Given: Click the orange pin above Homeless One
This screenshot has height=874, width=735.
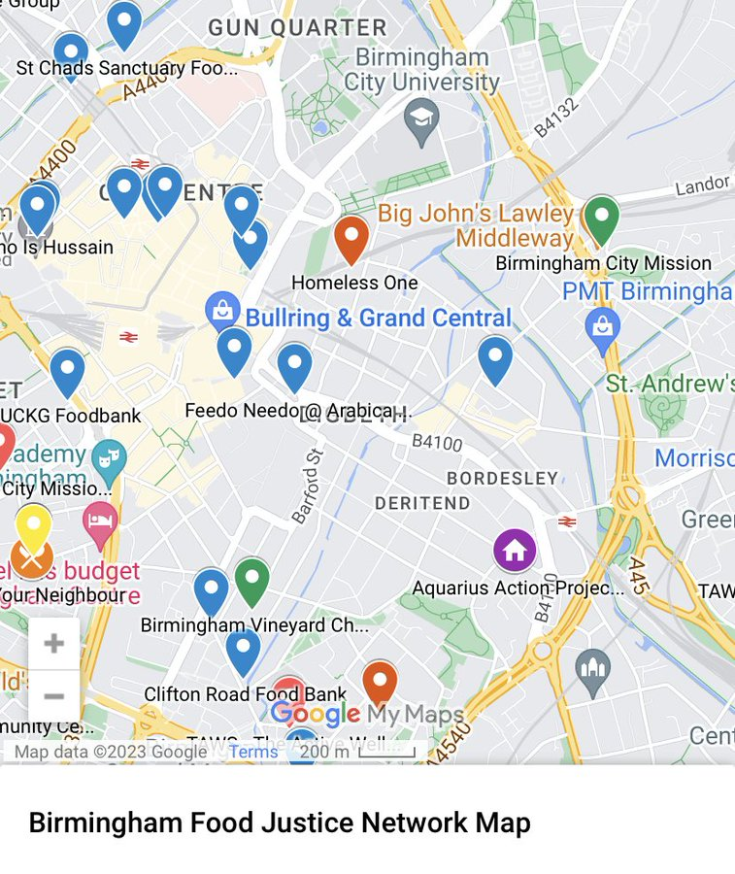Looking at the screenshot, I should point(351,237).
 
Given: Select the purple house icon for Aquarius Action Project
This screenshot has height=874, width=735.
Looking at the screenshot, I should point(515,551).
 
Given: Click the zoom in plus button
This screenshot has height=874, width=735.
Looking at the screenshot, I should point(54,643).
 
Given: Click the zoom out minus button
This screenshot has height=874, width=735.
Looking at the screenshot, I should point(54,695).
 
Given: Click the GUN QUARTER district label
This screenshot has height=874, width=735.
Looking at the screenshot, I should point(297,28).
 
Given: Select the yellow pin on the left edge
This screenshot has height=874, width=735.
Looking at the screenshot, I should point(33,527).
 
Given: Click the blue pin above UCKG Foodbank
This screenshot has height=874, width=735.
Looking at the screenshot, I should point(67,371).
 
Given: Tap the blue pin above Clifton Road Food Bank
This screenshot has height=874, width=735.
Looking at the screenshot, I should point(243,650).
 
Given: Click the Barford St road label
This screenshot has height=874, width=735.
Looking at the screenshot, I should point(307,486).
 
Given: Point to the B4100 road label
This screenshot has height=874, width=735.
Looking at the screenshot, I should point(438,443).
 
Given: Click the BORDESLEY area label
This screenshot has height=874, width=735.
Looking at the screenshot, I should point(502,479).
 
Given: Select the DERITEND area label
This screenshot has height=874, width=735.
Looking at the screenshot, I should point(422,503).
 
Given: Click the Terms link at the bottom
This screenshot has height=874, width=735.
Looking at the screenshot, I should point(253,752).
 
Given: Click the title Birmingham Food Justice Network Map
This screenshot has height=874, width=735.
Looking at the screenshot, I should point(280,823).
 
